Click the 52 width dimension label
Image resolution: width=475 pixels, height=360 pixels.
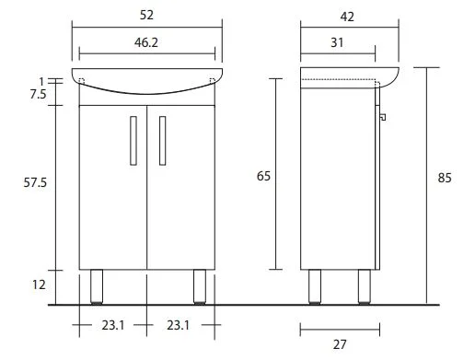pyautogui.click(x=146, y=15)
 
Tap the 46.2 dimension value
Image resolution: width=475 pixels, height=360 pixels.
pyautogui.click(x=146, y=42)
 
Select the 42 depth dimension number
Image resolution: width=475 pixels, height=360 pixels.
pyautogui.click(x=347, y=17)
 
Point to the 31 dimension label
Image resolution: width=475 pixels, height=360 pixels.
pyautogui.click(x=337, y=42)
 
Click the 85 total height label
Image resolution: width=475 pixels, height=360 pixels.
pyautogui.click(x=445, y=178)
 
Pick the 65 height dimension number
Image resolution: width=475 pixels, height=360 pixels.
pyautogui.click(x=263, y=176)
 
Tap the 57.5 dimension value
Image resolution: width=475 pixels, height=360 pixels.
pyautogui.click(x=35, y=182)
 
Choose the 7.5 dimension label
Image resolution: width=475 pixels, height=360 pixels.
pyautogui.click(x=38, y=94)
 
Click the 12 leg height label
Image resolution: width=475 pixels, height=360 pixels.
pyautogui.click(x=39, y=285)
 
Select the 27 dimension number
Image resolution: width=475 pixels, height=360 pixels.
pyautogui.click(x=340, y=344)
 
